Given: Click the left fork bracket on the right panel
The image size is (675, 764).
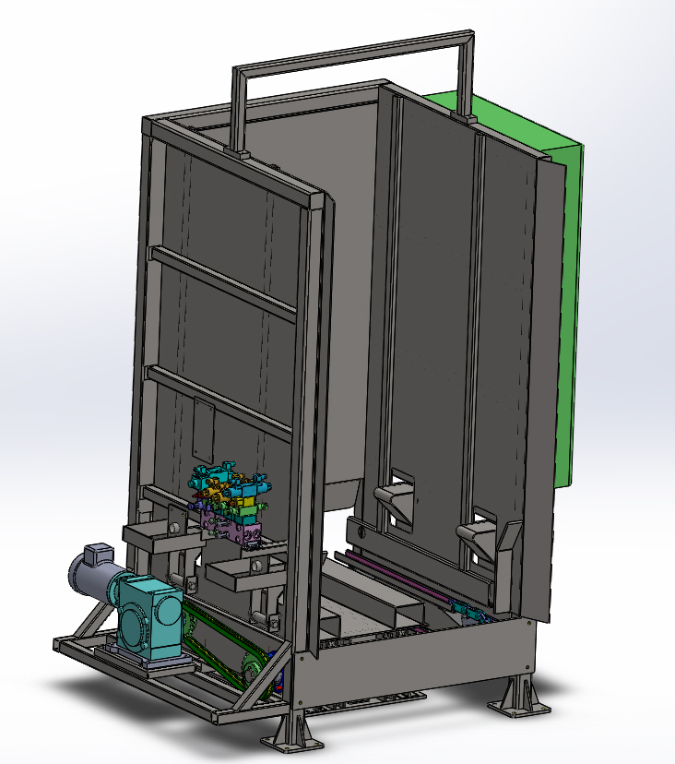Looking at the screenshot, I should [x=394, y=503].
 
